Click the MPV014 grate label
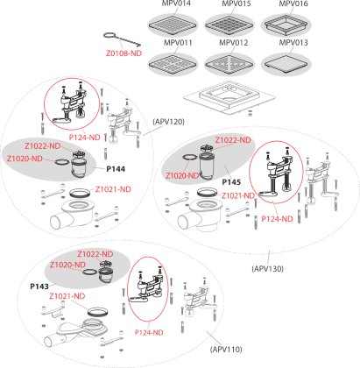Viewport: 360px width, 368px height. pyautogui.click(x=177, y=4)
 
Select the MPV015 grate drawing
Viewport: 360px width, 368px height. pyautogui.click(x=229, y=25)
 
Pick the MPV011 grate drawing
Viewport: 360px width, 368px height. pyautogui.click(x=173, y=64)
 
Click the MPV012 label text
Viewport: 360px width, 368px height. pyautogui.click(x=234, y=43)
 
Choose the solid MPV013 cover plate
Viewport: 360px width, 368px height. pyautogui.click(x=286, y=64)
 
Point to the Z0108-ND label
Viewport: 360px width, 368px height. pyautogui.click(x=124, y=53)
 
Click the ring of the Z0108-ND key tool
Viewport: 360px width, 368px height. pyautogui.click(x=110, y=36)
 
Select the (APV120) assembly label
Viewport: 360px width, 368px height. pyautogui.click(x=169, y=122)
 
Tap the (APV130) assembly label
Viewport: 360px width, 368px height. pyautogui.click(x=267, y=269)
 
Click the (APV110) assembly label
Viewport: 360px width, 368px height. pyautogui.click(x=226, y=350)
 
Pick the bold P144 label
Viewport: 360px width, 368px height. pyautogui.click(x=116, y=169)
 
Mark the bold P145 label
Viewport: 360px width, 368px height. pyautogui.click(x=231, y=182)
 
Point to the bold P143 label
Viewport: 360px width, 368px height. pyautogui.click(x=39, y=287)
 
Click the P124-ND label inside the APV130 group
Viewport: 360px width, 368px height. pyautogui.click(x=277, y=219)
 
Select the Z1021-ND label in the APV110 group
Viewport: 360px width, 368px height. pyautogui.click(x=67, y=296)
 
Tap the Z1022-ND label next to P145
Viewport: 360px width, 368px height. pyautogui.click(x=233, y=140)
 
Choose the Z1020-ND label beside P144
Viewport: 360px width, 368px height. pyautogui.click(x=25, y=159)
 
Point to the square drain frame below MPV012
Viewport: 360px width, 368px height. pyautogui.click(x=229, y=98)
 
